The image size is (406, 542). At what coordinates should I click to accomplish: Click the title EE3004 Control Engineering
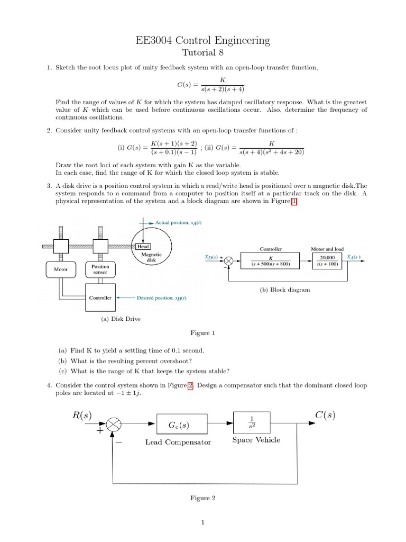pos(203,40)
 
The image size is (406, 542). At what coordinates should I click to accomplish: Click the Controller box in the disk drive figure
pos(100,298)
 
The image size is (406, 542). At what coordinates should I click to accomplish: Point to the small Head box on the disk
pos(143,247)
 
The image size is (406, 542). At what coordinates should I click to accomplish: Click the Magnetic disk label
pos(151,257)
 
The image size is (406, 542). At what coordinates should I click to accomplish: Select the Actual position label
pos(178,223)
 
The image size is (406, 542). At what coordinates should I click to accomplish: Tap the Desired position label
pos(161,298)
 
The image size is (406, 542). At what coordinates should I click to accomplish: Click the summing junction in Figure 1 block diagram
pos(229,260)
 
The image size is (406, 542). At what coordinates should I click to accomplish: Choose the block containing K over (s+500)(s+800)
pos(270,260)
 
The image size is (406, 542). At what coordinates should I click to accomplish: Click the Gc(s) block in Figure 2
pos(178,425)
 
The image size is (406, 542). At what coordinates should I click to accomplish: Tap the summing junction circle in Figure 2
pos(114,424)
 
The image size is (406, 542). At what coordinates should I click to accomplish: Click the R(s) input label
pos(81,415)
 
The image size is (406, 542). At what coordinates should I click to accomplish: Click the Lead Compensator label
pos(178,442)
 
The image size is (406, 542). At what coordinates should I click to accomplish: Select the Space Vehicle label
pos(256,440)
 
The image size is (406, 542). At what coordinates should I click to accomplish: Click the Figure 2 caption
pos(202,498)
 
